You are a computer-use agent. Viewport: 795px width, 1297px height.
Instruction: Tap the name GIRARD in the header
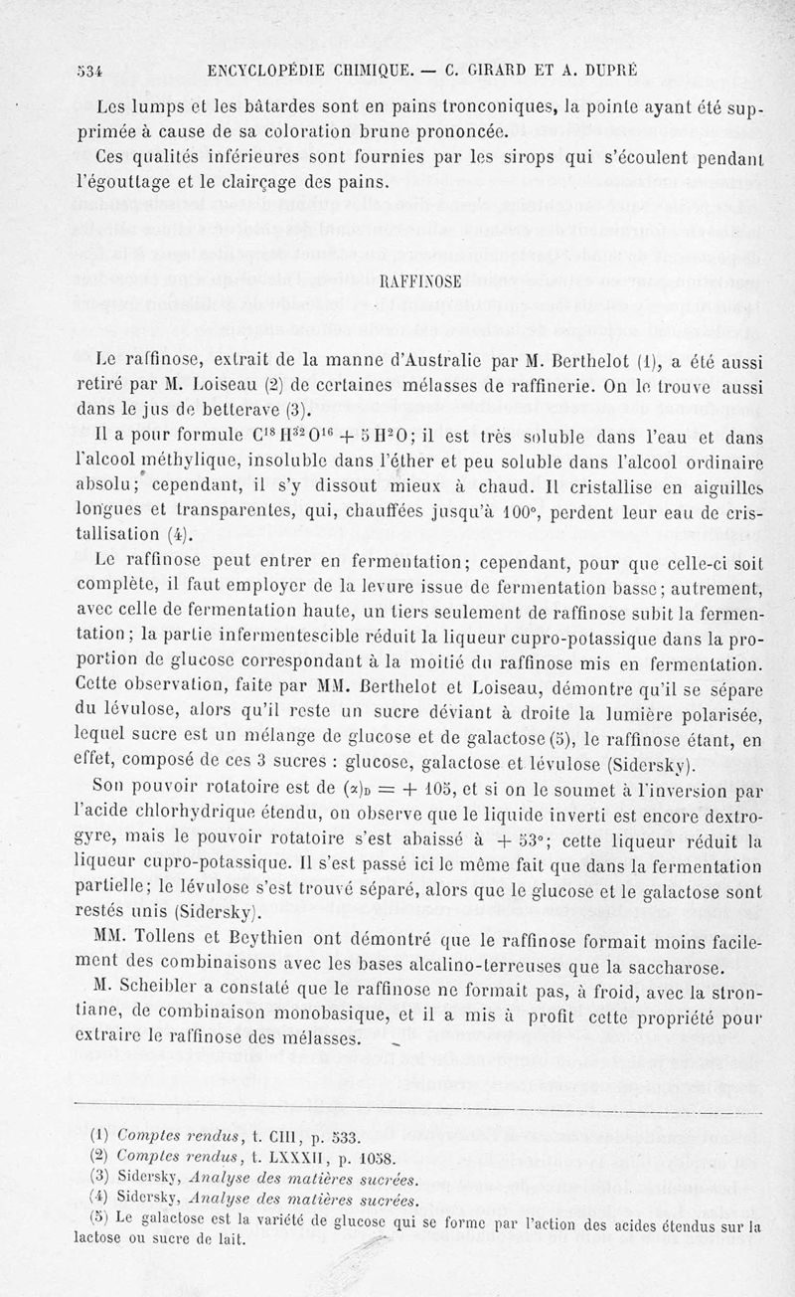500,71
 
